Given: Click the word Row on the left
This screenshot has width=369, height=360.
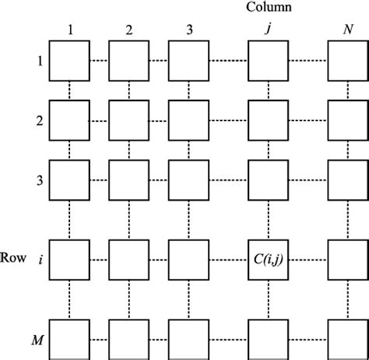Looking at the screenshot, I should point(14,257).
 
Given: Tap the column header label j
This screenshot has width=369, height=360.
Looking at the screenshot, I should point(268,31).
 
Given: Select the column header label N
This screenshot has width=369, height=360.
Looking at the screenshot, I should point(347,31).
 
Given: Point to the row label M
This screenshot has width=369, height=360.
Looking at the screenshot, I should point(37,340).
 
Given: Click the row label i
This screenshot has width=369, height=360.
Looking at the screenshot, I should point(39,257).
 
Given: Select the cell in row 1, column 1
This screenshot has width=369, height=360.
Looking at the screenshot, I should point(70,61).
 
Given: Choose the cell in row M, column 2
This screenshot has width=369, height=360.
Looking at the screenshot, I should point(129,339).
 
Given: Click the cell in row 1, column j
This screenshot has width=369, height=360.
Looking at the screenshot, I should point(268,61).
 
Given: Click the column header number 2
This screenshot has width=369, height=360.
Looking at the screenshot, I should point(129,31).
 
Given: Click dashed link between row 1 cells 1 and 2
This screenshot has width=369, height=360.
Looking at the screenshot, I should point(100,61).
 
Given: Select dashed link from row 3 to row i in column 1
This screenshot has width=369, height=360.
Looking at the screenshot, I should point(70,218).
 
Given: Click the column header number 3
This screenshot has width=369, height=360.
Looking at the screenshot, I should point(188,31).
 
